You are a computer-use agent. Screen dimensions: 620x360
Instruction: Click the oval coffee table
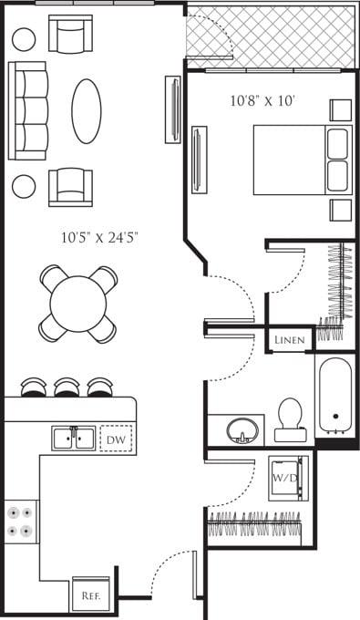click(x=87, y=110)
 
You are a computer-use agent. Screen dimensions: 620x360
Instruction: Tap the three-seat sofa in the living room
click(x=28, y=110)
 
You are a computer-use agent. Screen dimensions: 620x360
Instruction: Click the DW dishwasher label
click(x=116, y=439)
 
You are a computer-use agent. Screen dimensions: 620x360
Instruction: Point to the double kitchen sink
click(x=73, y=439)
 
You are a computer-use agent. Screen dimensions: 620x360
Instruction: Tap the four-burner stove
click(x=22, y=522)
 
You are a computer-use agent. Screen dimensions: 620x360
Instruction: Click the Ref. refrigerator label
click(x=89, y=595)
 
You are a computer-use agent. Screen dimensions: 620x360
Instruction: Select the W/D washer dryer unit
click(x=288, y=478)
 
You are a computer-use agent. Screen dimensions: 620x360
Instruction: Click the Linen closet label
click(x=291, y=340)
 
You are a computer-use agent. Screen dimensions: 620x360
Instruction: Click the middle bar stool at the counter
click(x=67, y=387)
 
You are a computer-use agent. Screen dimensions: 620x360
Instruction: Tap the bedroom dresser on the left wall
click(x=198, y=160)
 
